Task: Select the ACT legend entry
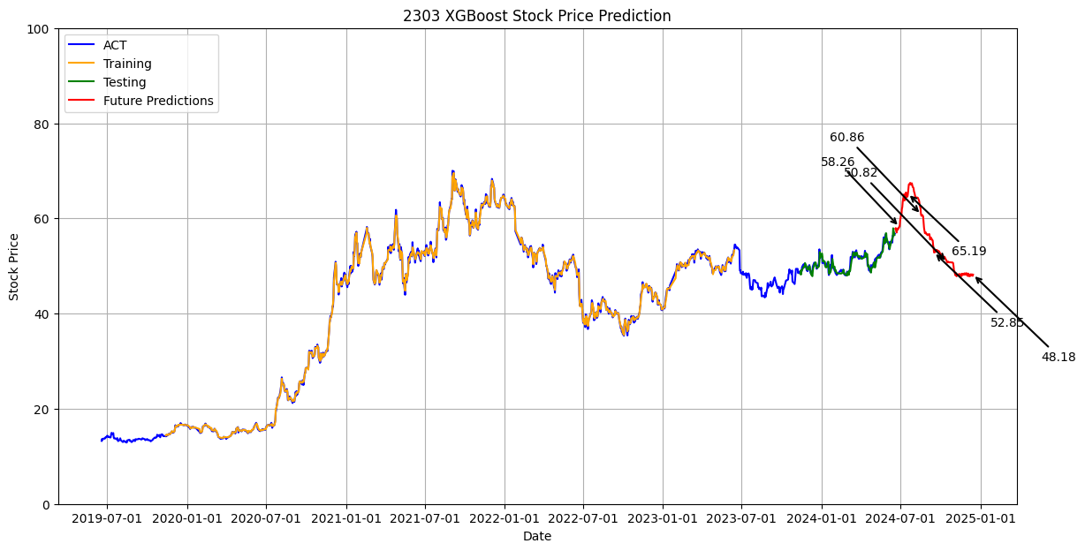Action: (x=115, y=46)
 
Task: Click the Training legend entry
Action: (x=127, y=64)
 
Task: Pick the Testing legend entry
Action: (x=125, y=83)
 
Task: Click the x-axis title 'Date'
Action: (x=537, y=536)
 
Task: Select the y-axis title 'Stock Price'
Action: (x=14, y=267)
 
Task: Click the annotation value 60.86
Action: (x=846, y=138)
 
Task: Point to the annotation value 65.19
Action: (x=968, y=252)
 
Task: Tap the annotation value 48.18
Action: (x=1058, y=358)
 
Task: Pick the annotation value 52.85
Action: (x=1007, y=323)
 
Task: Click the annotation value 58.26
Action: (x=838, y=162)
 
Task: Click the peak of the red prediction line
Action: (x=910, y=184)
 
